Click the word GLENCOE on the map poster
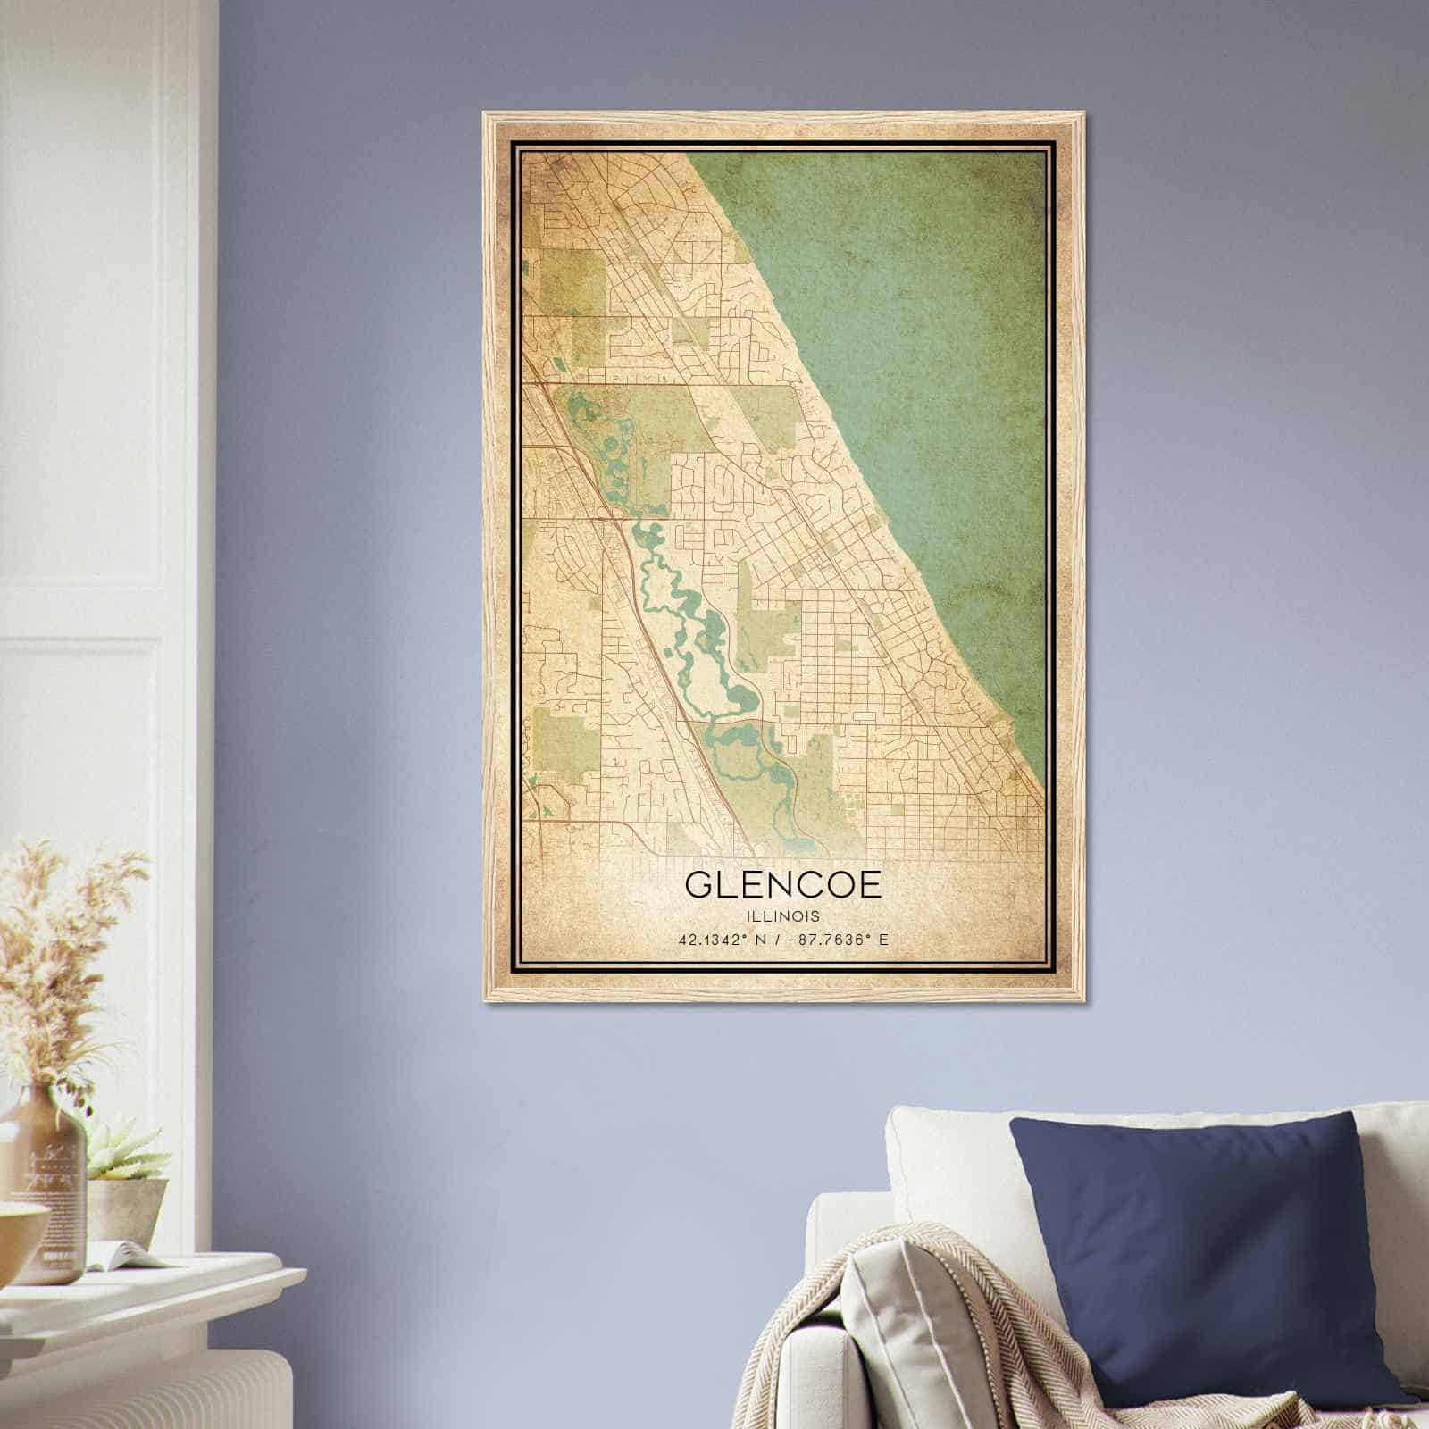pyautogui.click(x=783, y=884)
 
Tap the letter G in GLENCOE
pyautogui.click(x=699, y=884)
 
